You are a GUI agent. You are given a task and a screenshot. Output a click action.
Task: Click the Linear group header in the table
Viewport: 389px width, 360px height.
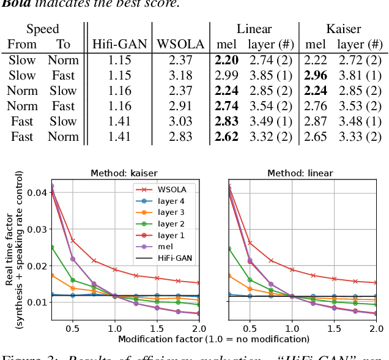254,29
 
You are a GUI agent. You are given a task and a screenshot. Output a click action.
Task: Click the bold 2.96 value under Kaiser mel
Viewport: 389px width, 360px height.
315,75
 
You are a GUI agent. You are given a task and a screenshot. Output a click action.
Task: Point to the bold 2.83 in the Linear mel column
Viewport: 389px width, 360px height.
226,121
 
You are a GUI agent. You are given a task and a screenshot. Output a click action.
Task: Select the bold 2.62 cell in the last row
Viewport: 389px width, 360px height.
226,137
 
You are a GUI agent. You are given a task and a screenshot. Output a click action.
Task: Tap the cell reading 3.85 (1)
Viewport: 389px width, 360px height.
269,75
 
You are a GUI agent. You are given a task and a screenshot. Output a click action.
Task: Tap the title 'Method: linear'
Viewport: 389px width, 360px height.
308,173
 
